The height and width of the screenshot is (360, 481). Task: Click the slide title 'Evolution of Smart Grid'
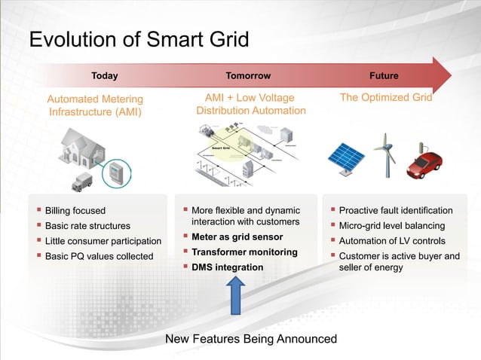138,39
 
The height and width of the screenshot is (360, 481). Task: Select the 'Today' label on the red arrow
104,76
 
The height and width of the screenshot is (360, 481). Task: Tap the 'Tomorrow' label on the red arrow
248,76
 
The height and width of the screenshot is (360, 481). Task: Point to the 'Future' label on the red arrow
383,76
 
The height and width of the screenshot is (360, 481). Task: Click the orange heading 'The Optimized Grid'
386,98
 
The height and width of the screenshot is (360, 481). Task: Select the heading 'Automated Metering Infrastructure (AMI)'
95,105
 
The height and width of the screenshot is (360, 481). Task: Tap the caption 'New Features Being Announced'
251,339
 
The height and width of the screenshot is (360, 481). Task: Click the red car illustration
426,164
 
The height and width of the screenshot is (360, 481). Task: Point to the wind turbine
386,153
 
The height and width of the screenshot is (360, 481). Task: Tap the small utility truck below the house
81,182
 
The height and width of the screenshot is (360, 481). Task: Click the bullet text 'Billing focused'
75,211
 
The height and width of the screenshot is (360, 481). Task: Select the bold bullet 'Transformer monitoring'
244,252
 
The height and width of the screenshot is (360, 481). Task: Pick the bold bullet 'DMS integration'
227,267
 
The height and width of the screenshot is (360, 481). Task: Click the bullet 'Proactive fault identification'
396,211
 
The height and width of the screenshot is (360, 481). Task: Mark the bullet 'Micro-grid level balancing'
392,226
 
